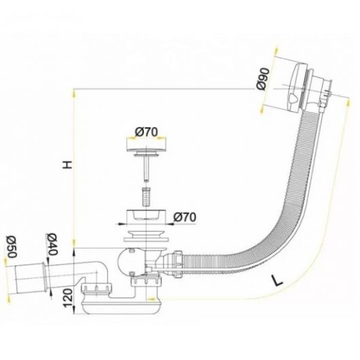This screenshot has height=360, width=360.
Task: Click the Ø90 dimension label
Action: pyautogui.click(x=263, y=79)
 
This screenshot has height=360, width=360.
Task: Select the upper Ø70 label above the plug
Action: pyautogui.click(x=147, y=132)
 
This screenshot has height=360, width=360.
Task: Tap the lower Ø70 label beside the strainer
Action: pyautogui.click(x=185, y=217)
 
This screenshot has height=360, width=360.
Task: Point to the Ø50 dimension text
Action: pyautogui.click(x=12, y=247)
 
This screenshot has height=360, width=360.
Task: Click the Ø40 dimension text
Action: pyautogui.click(x=52, y=245)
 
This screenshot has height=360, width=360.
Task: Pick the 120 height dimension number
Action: pyautogui.click(x=68, y=298)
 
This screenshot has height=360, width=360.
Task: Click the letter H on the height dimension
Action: pyautogui.click(x=67, y=164)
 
